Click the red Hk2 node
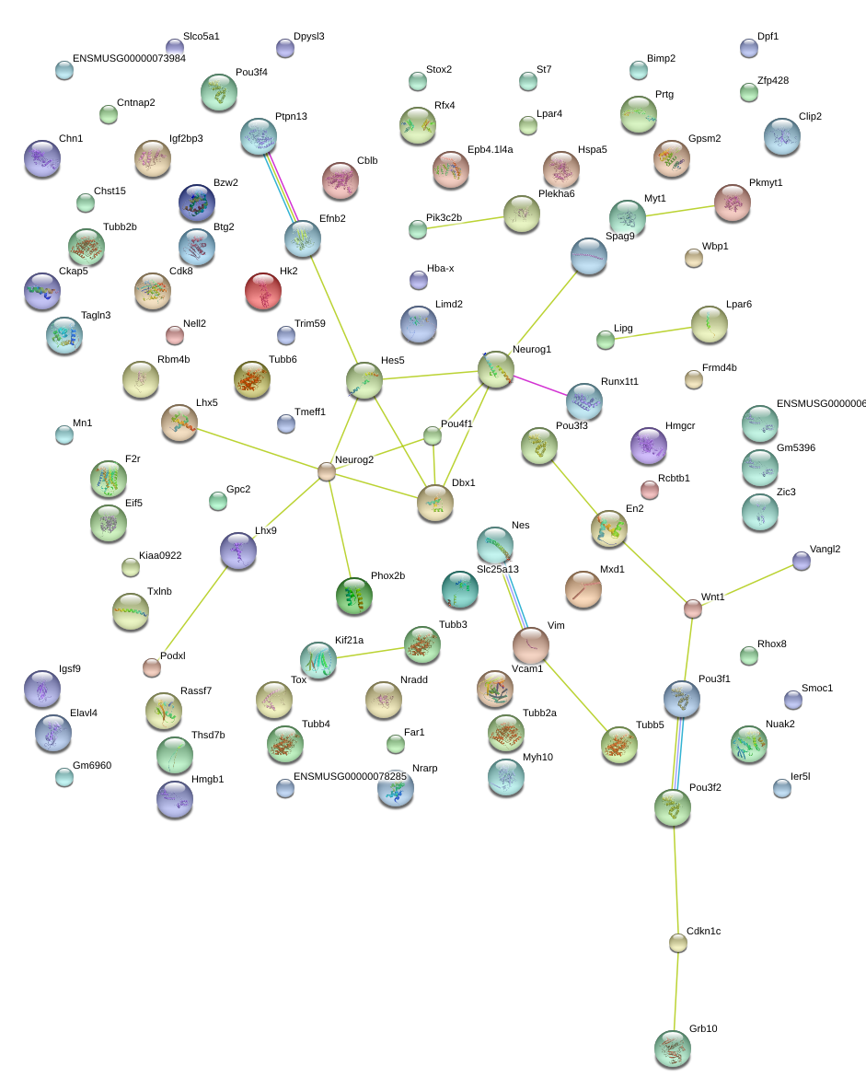coord(263,291)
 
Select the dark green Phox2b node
coord(354,596)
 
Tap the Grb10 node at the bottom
coord(673,1049)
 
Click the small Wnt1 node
coord(693,609)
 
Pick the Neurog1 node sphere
coord(496,369)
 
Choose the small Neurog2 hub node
coord(327,472)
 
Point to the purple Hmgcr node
coord(649,446)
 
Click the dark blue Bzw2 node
coord(197,203)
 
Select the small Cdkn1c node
coord(678,943)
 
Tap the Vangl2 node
coord(802,561)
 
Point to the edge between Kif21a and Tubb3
coord(370,653)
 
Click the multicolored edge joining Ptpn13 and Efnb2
coord(282,188)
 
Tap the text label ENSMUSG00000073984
coord(129,58)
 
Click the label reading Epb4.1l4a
coord(490,149)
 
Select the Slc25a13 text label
coord(498,569)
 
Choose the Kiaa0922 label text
coord(160,555)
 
